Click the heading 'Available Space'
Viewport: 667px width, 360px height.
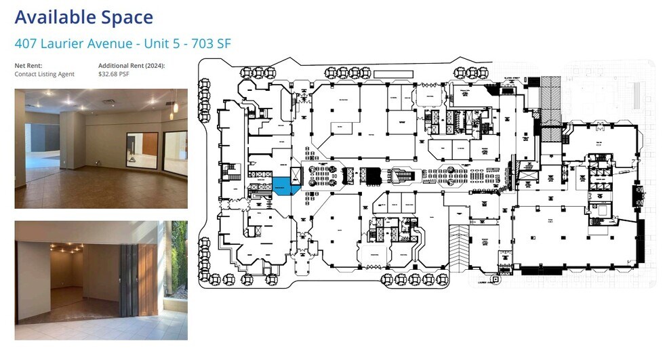[x=83, y=17]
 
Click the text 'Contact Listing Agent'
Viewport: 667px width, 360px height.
[x=45, y=74]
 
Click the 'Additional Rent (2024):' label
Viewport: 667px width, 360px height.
[x=132, y=66]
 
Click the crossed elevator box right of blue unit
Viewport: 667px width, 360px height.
[x=296, y=176]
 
